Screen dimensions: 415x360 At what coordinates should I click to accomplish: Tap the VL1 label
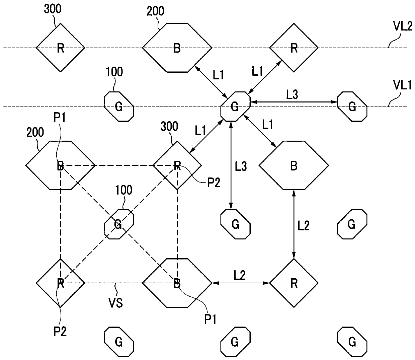[x=403, y=85]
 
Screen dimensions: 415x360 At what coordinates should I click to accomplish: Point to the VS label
[x=116, y=303]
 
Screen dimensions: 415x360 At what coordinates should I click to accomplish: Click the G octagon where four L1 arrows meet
[x=235, y=106]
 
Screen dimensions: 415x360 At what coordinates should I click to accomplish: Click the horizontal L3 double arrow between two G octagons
[x=294, y=102]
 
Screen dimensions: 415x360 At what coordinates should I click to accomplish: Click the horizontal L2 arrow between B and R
[x=241, y=283]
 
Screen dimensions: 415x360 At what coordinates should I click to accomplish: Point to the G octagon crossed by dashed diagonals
[x=119, y=224]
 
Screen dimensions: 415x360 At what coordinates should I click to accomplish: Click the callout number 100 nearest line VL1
[x=114, y=72]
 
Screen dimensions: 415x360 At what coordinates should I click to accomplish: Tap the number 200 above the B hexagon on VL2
[x=155, y=11]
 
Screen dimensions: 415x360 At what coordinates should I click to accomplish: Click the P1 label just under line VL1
[x=60, y=118]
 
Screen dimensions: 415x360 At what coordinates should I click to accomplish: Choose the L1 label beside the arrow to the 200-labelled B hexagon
[x=218, y=75]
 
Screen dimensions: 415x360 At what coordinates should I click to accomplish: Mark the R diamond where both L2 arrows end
[x=294, y=283]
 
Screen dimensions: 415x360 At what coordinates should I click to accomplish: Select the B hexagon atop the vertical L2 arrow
[x=294, y=165]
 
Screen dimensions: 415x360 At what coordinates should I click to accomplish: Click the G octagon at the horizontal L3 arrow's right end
[x=352, y=106]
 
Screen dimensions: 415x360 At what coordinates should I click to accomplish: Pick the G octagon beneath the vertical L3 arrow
[x=235, y=224]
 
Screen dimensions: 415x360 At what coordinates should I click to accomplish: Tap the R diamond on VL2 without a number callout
[x=294, y=48]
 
